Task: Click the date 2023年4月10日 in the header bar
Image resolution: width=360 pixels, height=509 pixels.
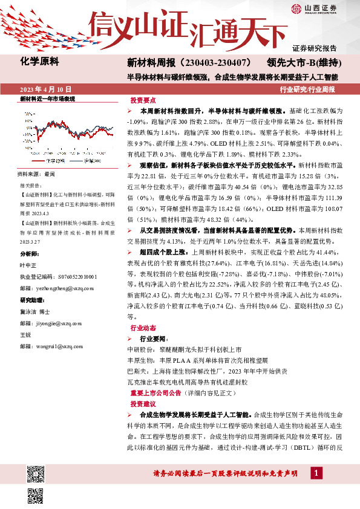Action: [46, 89]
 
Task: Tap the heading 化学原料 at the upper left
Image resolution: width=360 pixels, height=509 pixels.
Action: [38, 61]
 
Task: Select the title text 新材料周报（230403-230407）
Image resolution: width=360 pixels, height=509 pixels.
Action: [189, 63]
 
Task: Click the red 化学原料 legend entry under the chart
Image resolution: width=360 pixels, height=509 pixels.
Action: [53, 161]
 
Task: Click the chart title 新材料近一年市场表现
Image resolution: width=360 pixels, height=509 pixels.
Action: [47, 98]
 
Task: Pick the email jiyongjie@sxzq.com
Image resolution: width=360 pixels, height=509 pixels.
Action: [51, 323]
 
